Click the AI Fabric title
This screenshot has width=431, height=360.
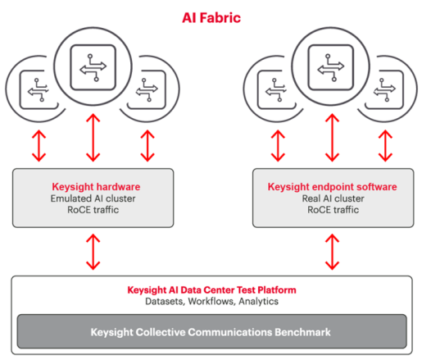tap(211, 18)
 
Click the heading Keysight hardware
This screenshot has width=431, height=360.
tap(96, 187)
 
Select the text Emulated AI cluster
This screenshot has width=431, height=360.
tap(93, 198)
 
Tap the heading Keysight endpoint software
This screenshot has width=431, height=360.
tap(333, 187)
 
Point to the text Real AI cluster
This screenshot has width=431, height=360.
tap(333, 198)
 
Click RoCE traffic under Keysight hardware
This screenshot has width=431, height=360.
tap(93, 210)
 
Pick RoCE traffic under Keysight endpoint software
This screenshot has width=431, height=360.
tap(333, 210)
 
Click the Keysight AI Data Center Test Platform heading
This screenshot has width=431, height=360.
tap(211, 290)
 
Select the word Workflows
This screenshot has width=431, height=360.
tap(212, 302)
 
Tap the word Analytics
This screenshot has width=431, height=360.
tap(258, 302)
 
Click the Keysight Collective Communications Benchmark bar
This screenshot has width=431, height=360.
tap(211, 331)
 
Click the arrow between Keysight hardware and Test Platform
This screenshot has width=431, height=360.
tap(93, 252)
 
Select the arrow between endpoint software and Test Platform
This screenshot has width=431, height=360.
tap(333, 252)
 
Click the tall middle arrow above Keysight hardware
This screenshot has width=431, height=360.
tap(93, 138)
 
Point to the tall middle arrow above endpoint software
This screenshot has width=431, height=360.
tap(333, 138)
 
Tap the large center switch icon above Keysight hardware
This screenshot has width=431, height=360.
tap(93, 67)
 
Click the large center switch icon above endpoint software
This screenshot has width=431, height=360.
tap(331, 67)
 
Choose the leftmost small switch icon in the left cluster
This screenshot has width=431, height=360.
tap(39, 90)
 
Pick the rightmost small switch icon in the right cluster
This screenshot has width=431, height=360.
tap(384, 90)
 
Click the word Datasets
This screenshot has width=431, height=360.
tap(166, 302)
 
